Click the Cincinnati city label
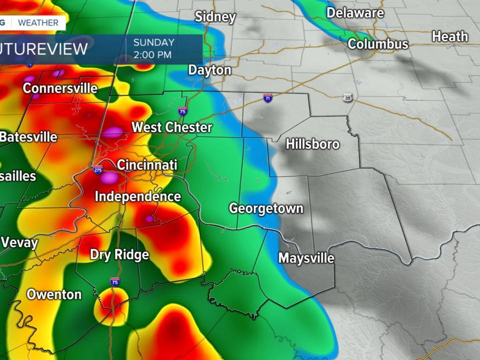click(147, 164)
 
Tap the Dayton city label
click(209, 70)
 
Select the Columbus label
click(378, 44)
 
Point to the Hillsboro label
click(312, 144)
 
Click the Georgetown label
click(266, 208)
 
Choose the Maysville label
click(306, 258)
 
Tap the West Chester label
click(171, 127)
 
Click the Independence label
click(137, 196)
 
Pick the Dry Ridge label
click(119, 254)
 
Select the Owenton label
click(54, 294)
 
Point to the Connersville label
click(60, 88)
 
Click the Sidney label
click(215, 16)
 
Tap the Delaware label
click(355, 12)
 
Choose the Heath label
click(450, 36)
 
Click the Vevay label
click(20, 243)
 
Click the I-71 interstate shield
click(268, 98)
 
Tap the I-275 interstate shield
click(98, 169)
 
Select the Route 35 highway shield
click(347, 98)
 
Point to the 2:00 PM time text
click(152, 54)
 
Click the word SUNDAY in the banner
click(153, 42)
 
